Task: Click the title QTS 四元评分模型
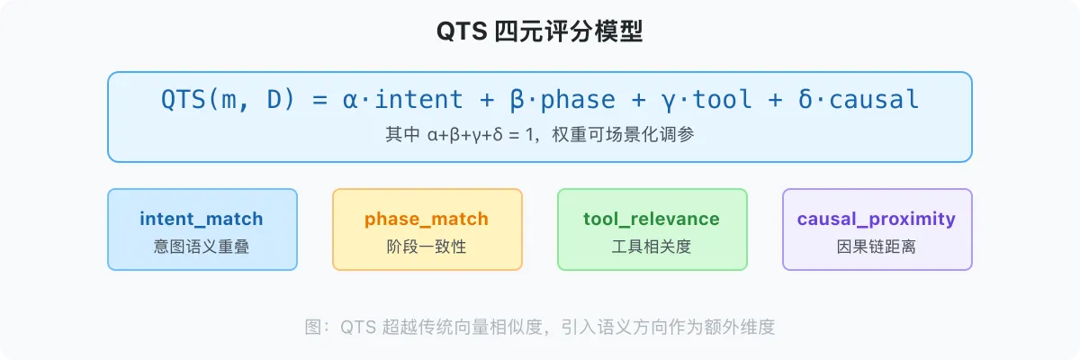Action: click(x=540, y=31)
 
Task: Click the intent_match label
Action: click(x=202, y=219)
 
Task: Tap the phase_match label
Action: click(x=427, y=219)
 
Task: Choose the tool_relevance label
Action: click(x=652, y=219)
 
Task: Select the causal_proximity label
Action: click(x=877, y=219)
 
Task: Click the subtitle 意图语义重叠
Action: click(x=202, y=246)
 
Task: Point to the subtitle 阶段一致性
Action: click(x=427, y=246)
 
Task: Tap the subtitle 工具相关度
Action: click(x=652, y=246)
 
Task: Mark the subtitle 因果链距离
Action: click(x=877, y=246)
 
